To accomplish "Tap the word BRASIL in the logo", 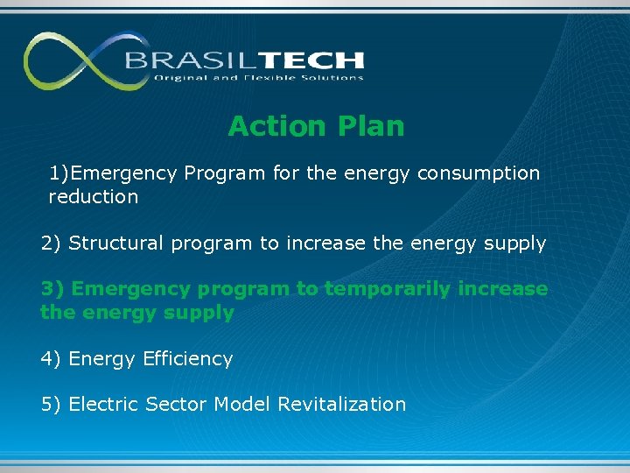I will tap(180, 60).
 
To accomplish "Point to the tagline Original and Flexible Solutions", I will tap(258, 78).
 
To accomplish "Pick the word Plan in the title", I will tap(368, 126).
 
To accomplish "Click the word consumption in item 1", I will tap(479, 173).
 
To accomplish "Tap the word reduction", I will tap(94, 197).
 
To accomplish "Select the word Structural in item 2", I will tap(115, 244).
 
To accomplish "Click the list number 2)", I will tap(51, 244).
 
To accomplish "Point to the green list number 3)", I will tap(51, 289).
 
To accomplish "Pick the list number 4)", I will tap(51, 359).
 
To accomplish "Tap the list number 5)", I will tap(51, 405).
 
